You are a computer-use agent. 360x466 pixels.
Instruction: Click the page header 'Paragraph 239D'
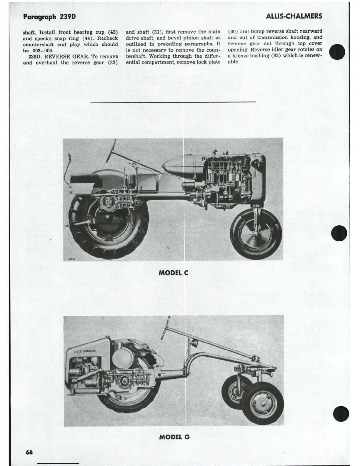49,17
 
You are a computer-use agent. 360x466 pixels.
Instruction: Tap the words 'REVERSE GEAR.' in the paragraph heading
67,56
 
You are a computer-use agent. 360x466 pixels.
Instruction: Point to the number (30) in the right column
233,31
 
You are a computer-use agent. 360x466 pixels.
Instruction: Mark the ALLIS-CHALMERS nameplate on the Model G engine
85,351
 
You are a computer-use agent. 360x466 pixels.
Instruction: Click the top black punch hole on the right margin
337,52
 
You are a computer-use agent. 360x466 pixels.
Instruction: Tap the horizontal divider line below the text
173,102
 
